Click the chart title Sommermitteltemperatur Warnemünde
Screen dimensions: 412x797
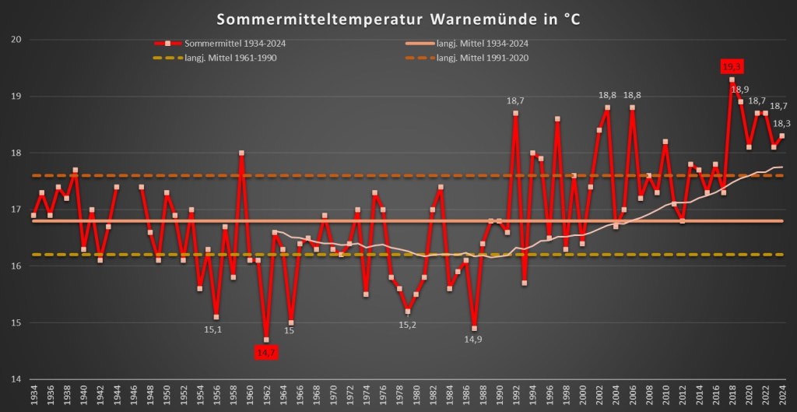398,19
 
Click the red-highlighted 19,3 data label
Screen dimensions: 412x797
732,67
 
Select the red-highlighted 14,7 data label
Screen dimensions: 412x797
266,353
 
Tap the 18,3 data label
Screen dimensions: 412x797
782,123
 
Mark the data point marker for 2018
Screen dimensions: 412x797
732,79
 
